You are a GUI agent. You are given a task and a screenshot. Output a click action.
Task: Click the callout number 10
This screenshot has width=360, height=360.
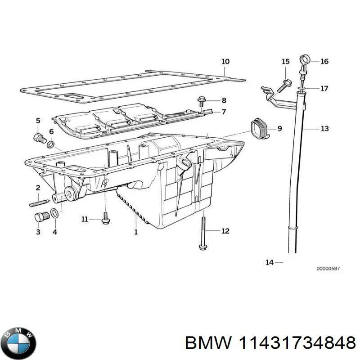225,61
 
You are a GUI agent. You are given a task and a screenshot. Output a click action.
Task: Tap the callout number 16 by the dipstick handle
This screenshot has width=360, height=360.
324,61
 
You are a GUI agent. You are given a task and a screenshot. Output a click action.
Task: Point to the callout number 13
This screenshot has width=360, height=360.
324,129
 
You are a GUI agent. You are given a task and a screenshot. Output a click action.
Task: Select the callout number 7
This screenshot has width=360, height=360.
223,112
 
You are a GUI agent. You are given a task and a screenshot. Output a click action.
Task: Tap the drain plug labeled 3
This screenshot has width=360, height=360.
40,217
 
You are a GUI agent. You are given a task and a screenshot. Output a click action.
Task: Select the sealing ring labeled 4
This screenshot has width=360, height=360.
54,214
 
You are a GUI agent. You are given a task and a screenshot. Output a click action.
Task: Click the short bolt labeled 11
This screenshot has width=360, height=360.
105,219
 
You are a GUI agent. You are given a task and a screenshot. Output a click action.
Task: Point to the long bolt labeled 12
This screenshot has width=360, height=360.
202,232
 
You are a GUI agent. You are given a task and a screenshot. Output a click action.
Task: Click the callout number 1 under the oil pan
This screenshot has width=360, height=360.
136,232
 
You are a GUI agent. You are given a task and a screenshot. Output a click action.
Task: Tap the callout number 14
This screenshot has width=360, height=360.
269,262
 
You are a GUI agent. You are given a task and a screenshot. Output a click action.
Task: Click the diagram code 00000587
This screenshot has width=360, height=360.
328,269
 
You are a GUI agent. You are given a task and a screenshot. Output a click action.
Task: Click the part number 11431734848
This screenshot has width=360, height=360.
295,344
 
